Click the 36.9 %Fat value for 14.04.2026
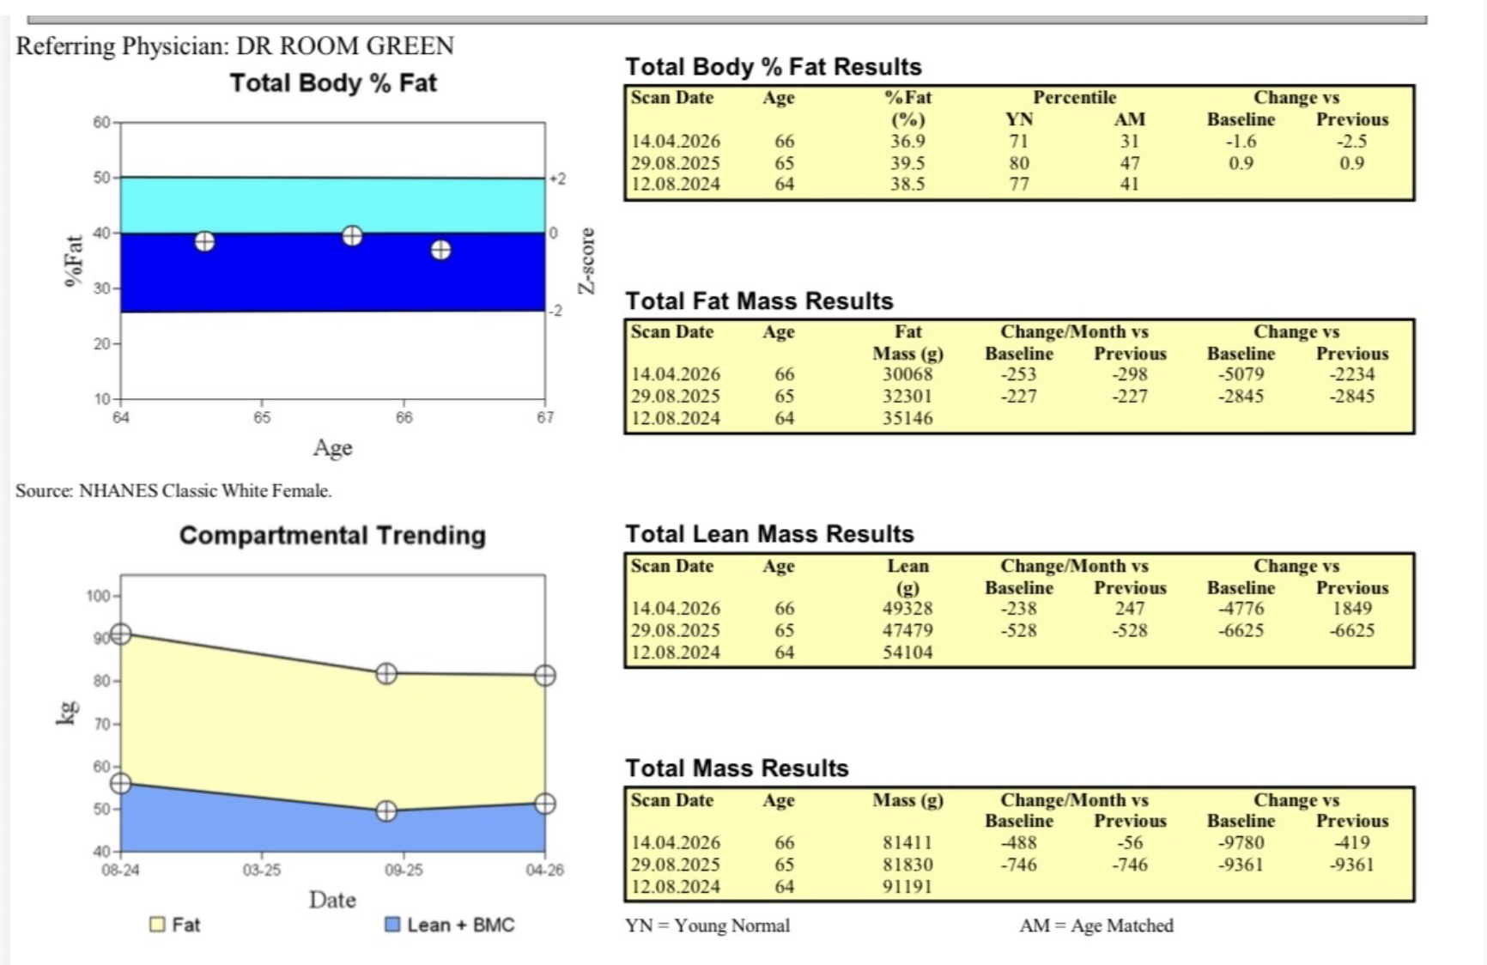click(907, 142)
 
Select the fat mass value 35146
click(907, 418)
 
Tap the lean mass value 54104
click(907, 652)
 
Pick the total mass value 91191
click(907, 887)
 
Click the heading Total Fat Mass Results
click(759, 301)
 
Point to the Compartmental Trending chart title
click(332, 536)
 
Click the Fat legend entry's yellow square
click(157, 925)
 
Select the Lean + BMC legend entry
click(451, 925)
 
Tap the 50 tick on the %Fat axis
click(102, 178)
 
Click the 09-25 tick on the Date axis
click(404, 871)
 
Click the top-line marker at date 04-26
click(544, 676)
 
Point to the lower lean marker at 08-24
click(121, 783)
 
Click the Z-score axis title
click(586, 261)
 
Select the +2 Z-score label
click(558, 179)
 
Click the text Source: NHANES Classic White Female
click(173, 491)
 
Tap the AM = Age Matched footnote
click(1096, 926)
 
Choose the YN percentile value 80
click(1018, 163)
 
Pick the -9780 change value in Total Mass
click(1241, 843)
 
